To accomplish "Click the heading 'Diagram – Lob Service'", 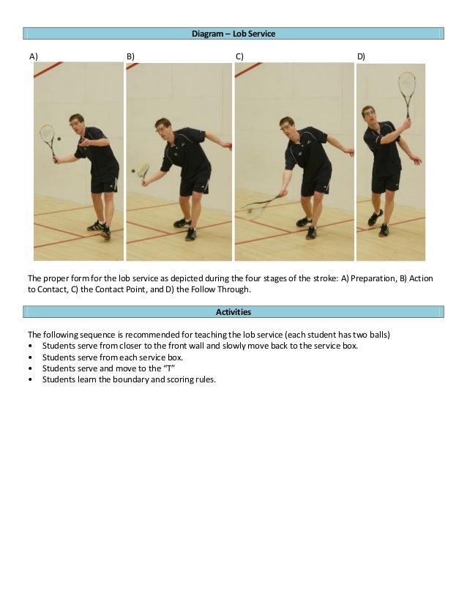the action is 233,34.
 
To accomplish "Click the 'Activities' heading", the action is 233,312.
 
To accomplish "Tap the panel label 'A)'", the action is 34,56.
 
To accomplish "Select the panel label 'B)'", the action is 130,56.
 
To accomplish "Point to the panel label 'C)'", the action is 239,56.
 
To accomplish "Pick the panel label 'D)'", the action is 361,56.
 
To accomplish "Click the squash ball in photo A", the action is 59,138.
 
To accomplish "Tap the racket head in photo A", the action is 47,133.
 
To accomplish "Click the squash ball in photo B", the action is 133,171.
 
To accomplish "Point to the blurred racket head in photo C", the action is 255,208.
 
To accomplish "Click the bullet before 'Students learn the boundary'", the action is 31,379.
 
